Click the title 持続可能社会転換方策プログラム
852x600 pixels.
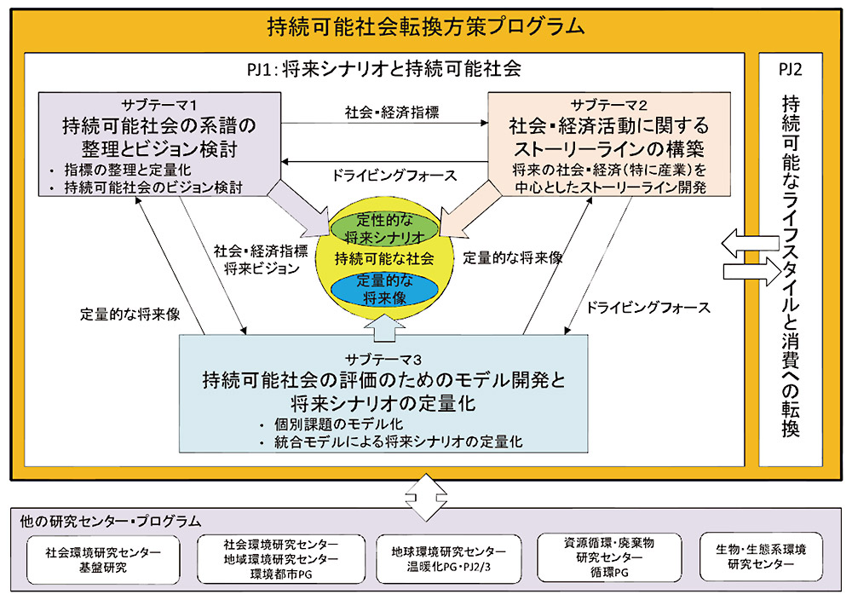426,26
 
